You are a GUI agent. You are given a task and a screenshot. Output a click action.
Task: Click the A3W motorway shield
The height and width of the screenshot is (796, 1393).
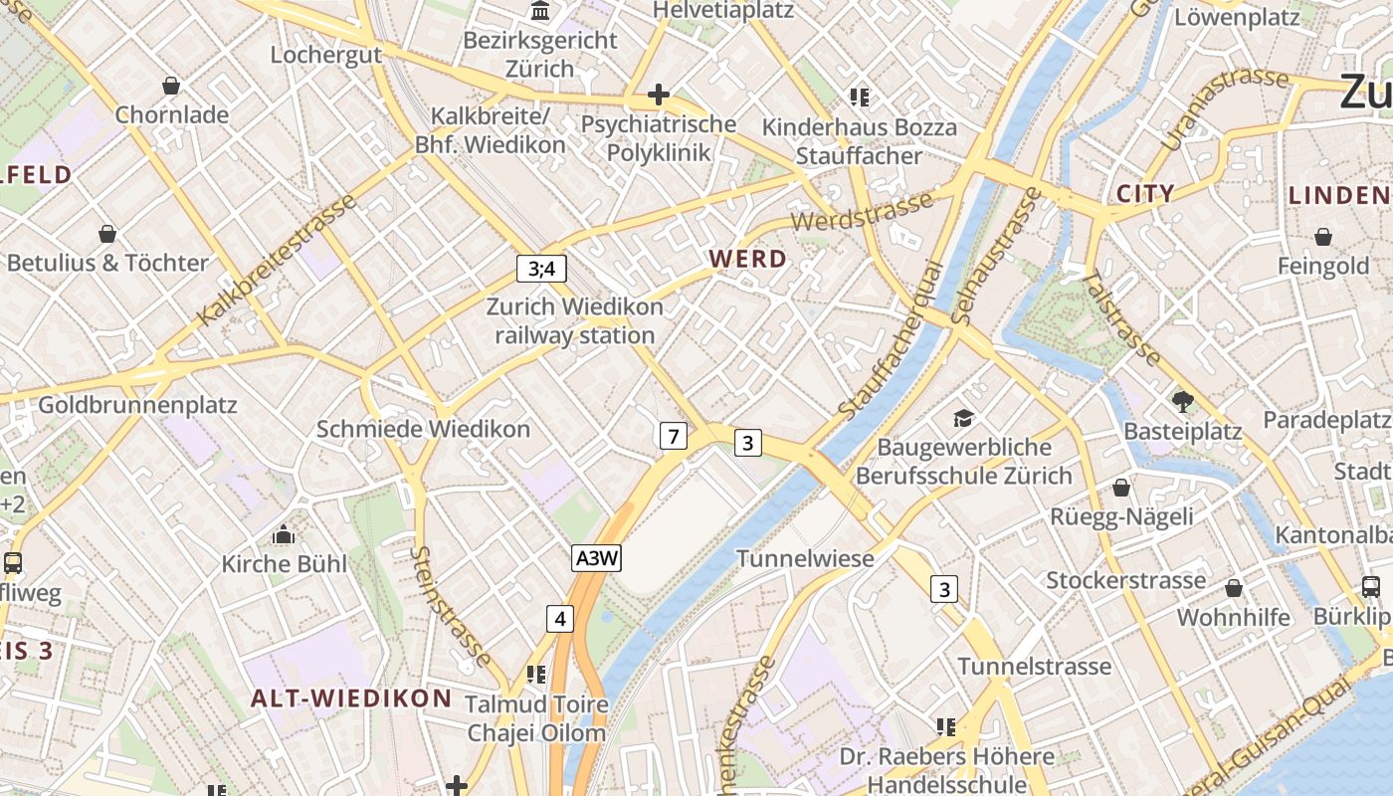coord(597,558)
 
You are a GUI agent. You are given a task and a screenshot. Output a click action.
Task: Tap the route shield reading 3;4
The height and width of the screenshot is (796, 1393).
coord(541,268)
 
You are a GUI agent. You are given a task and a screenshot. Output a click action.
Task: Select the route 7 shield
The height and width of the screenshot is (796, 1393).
coord(674,435)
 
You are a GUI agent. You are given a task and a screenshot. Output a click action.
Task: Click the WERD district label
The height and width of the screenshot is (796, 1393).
coord(747,259)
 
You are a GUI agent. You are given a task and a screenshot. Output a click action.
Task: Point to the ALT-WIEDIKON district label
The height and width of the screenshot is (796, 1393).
coord(351,697)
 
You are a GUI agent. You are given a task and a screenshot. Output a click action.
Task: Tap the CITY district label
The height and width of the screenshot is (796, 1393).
coord(1145,193)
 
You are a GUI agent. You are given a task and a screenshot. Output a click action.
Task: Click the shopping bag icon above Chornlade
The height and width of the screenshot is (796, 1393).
coord(171,86)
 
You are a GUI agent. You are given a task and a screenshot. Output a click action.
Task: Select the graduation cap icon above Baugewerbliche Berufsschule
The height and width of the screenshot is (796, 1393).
coord(962,418)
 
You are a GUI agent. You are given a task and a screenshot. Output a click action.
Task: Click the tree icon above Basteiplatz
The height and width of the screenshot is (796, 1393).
coord(1182,402)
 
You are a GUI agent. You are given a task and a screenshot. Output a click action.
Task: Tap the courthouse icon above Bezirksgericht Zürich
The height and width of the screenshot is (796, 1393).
coord(540,11)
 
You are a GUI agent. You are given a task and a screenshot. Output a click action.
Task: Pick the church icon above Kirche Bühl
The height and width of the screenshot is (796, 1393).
coord(284,534)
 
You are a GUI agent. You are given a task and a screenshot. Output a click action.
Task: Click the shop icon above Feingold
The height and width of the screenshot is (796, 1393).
coord(1323,237)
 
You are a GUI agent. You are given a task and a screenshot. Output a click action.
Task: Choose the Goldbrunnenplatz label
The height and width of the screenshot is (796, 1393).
coord(137,405)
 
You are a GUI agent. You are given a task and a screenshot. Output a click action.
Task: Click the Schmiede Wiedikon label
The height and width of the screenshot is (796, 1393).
coord(423,429)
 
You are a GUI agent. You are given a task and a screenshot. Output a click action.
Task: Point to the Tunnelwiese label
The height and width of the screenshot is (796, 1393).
coord(805,558)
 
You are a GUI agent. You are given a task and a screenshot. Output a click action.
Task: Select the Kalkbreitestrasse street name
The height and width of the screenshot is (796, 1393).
coord(277,261)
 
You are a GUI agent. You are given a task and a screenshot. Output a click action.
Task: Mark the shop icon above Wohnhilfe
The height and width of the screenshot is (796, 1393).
coord(1234,588)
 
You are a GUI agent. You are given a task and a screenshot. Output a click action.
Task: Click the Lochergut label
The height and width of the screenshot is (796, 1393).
coord(326,55)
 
